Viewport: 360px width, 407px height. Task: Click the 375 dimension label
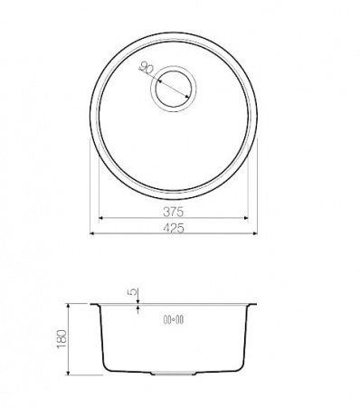click(x=173, y=212)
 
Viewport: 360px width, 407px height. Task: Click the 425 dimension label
click(x=174, y=228)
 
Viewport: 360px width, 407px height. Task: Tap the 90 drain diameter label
click(x=147, y=69)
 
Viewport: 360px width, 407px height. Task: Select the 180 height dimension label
click(x=62, y=339)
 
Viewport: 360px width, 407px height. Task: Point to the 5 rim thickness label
click(x=133, y=292)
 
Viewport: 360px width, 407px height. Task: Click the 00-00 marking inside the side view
click(x=174, y=319)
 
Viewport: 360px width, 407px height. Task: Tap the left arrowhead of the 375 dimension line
click(x=101, y=218)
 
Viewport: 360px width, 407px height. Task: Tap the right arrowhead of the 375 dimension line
click(x=245, y=218)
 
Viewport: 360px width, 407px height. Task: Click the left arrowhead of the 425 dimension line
click(x=93, y=233)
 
